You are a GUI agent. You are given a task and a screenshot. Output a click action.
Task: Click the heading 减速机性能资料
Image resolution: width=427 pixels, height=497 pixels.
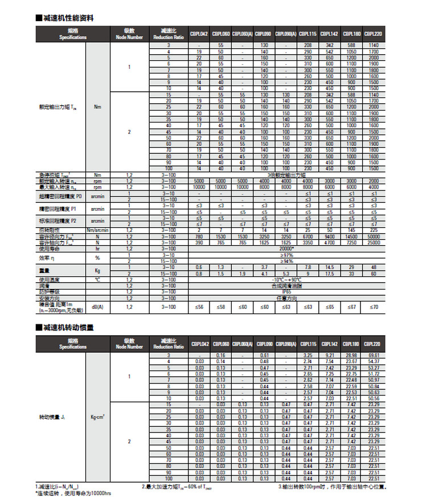[68, 18]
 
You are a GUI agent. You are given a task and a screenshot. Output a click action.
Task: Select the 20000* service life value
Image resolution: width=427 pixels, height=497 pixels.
[286, 248]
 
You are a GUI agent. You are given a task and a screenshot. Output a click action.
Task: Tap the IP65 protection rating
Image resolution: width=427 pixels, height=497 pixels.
[286, 292]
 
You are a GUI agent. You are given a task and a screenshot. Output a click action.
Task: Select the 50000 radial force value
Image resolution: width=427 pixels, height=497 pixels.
[373, 237]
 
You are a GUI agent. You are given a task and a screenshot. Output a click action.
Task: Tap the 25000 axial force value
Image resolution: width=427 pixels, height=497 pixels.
[373, 242]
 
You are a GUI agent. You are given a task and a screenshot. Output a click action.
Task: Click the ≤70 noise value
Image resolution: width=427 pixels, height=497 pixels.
[373, 307]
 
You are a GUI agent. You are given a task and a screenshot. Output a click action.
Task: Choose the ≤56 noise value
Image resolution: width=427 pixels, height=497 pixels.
[199, 307]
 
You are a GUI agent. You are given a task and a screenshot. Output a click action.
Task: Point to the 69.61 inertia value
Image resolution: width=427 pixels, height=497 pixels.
[373, 355]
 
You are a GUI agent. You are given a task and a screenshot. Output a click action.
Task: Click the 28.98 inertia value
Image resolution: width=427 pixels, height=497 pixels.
[351, 355]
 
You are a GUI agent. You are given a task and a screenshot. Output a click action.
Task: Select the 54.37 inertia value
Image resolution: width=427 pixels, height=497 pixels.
[373, 361]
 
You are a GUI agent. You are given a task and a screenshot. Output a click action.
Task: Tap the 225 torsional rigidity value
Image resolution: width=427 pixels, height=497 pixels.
[373, 230]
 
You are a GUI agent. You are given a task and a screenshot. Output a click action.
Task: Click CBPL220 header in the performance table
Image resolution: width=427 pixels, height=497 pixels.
[373, 34]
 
